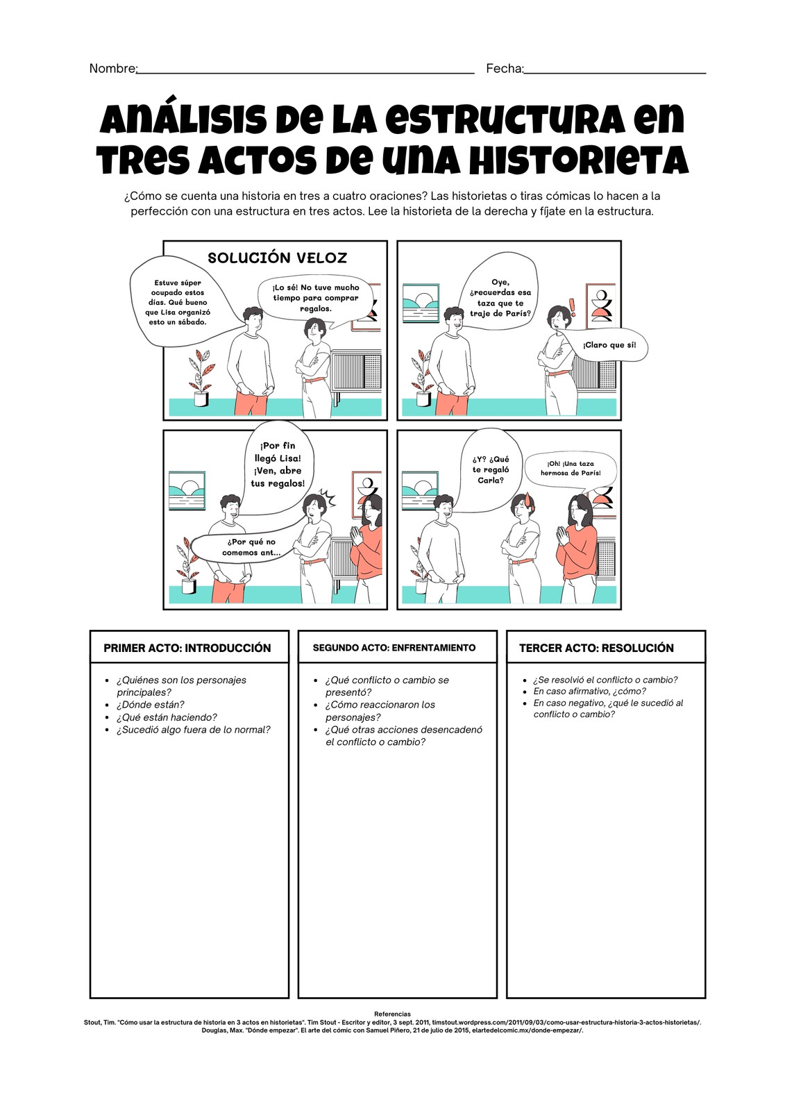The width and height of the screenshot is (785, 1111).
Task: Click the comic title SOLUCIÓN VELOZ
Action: click(277, 258)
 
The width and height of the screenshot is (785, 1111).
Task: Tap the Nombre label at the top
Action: click(113, 69)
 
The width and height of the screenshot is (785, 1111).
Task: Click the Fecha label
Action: click(505, 69)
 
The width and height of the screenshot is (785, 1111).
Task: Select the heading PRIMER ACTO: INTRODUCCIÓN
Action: click(187, 648)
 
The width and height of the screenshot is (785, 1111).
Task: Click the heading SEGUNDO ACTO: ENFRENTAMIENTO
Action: click(394, 648)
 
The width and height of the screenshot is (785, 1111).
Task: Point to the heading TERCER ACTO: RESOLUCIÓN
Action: click(596, 648)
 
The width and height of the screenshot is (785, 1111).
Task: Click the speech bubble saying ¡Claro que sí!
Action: click(609, 345)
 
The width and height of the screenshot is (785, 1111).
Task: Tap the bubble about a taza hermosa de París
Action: click(571, 469)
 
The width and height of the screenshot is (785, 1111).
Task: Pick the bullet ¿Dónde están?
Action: click(150, 704)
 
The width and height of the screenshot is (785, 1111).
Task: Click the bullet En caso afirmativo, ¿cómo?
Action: click(590, 691)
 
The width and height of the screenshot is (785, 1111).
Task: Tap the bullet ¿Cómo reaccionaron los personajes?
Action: click(380, 711)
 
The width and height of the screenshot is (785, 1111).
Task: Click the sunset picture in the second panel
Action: click(421, 303)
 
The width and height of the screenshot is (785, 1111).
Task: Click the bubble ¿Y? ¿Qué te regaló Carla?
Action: click(490, 469)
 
